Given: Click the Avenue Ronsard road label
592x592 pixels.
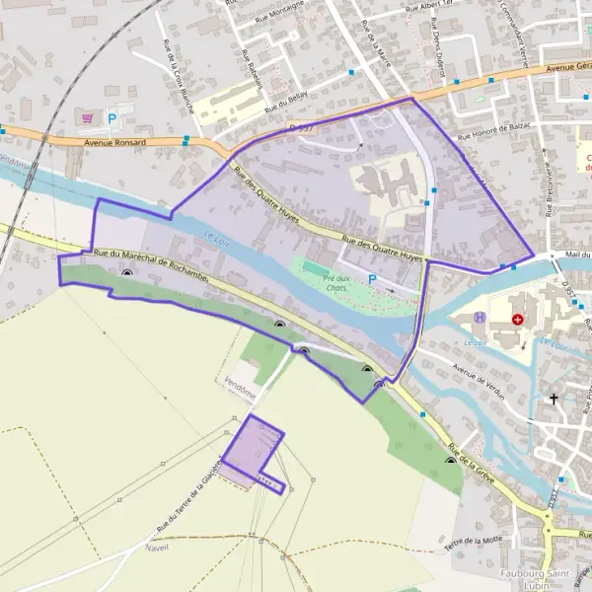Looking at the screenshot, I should [115, 142].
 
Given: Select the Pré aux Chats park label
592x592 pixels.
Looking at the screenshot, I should [338, 283].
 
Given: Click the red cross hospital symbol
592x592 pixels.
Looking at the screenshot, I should [518, 320].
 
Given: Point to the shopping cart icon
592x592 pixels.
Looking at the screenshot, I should [89, 117].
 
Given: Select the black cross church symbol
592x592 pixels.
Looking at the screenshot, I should [554, 400].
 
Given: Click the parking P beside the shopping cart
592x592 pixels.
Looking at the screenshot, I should [111, 118].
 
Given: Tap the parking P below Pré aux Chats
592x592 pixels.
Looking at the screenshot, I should [372, 279].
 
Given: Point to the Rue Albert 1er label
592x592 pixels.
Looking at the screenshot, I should [426, 8].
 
